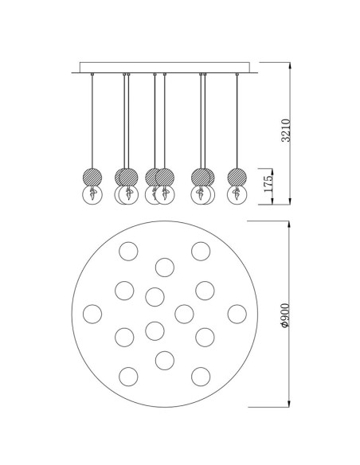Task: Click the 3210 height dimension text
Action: [x=286, y=131]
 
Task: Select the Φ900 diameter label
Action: [x=284, y=315]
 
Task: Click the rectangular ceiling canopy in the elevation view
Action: [x=165, y=68]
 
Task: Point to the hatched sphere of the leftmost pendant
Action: [x=92, y=177]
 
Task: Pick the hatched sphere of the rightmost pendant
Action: [x=237, y=177]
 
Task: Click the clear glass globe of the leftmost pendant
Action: [x=92, y=195]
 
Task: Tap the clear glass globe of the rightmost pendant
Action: [x=237, y=195]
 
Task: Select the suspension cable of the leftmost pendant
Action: [x=92, y=122]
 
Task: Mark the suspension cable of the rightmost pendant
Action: [x=237, y=122]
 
